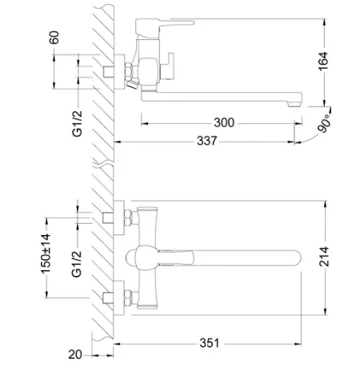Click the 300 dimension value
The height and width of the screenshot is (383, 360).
pos(224,122)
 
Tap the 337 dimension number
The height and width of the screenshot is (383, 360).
pos(207,141)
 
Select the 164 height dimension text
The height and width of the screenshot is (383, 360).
pos(323,62)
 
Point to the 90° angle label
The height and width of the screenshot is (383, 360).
pos(325,124)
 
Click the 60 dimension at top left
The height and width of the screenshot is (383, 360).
pos(54,38)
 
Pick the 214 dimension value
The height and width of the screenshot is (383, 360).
pos(324,257)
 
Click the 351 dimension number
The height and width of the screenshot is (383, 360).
pos(210,343)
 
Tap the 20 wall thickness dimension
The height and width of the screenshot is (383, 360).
pos(75,354)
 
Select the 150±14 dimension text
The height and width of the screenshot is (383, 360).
pos(46,253)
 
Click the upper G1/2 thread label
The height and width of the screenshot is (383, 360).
pos(78,124)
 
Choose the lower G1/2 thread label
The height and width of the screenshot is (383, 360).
pos(77,264)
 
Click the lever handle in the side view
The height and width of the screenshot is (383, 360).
pos(165,25)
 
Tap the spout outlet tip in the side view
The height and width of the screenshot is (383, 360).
pos(295,104)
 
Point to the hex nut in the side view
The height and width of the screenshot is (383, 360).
pos(129,71)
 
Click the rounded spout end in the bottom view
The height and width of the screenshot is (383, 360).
pos(296,258)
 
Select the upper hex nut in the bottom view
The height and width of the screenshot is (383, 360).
pos(128,217)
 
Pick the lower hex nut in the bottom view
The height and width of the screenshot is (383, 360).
pos(128,297)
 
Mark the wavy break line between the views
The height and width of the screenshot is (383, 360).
pos(103,163)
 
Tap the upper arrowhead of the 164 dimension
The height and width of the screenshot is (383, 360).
pos(325,22)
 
